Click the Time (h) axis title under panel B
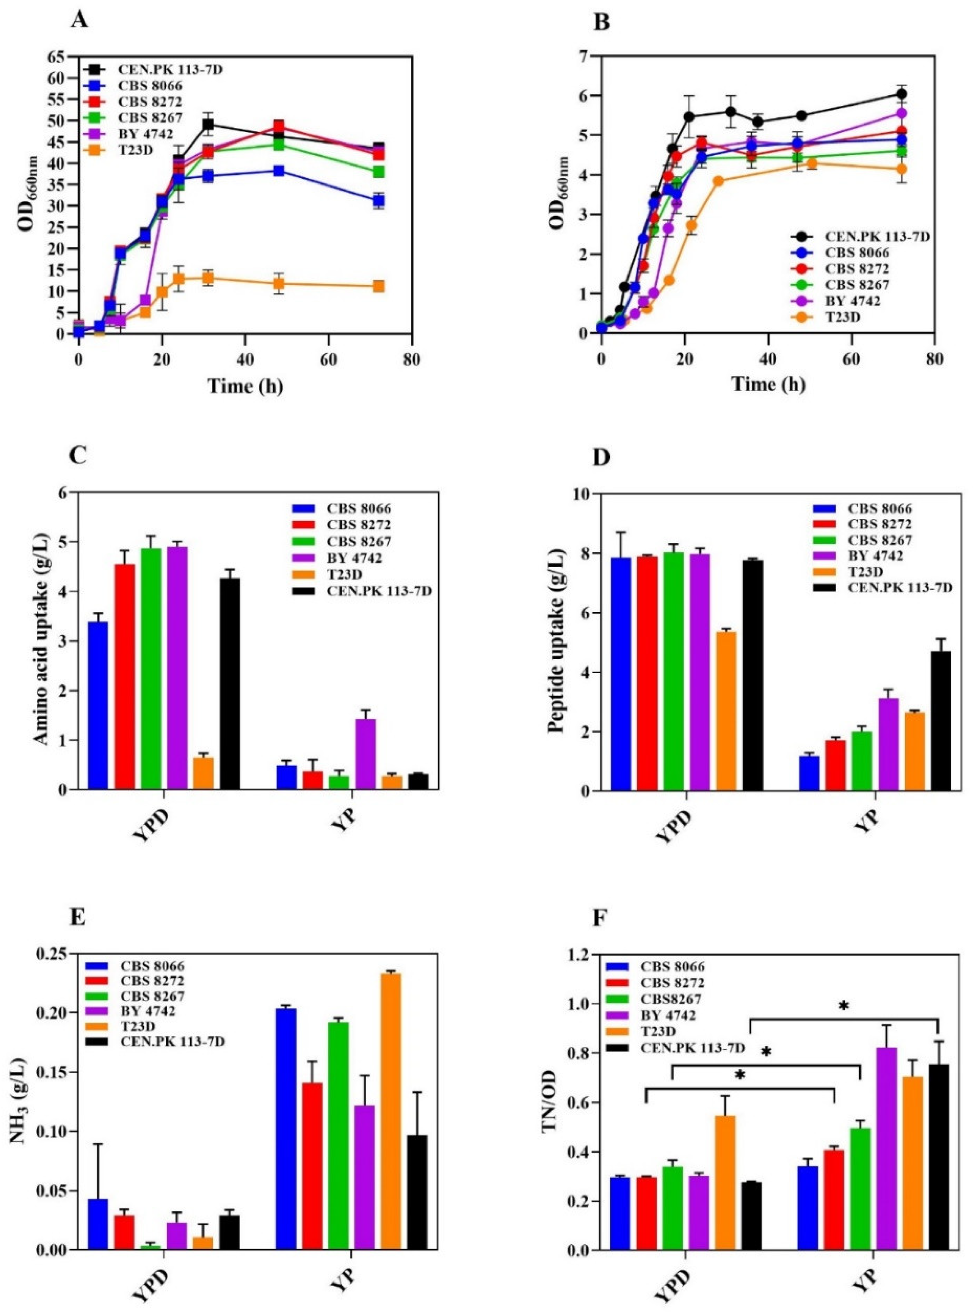[768, 384]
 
